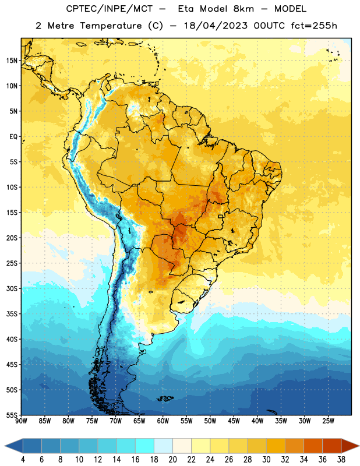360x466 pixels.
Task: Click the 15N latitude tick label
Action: [12, 61]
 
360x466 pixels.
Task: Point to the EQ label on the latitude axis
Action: [13, 137]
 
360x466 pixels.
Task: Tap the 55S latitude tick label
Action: [12, 415]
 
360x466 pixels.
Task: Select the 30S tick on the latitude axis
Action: [12, 288]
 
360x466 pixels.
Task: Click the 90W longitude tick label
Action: [21, 421]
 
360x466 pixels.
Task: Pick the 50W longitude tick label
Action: [210, 421]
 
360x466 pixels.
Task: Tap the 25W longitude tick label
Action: [328, 421]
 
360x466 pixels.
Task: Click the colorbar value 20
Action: [172, 460]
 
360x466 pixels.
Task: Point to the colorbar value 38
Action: [341, 460]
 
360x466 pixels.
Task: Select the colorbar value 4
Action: [23, 460]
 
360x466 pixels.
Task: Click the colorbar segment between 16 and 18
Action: [145, 446]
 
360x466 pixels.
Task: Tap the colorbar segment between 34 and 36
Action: [313, 446]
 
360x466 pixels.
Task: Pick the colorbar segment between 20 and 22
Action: [182, 446]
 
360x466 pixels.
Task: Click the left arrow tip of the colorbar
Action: [5, 446]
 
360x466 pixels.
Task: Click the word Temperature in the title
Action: [111, 26]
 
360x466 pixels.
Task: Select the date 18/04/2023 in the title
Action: [216, 26]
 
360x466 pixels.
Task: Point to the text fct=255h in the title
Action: [314, 26]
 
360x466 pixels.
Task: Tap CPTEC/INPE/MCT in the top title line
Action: [109, 9]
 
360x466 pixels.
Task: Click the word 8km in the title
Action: [243, 9]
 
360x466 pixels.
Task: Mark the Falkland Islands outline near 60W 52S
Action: [165, 398]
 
